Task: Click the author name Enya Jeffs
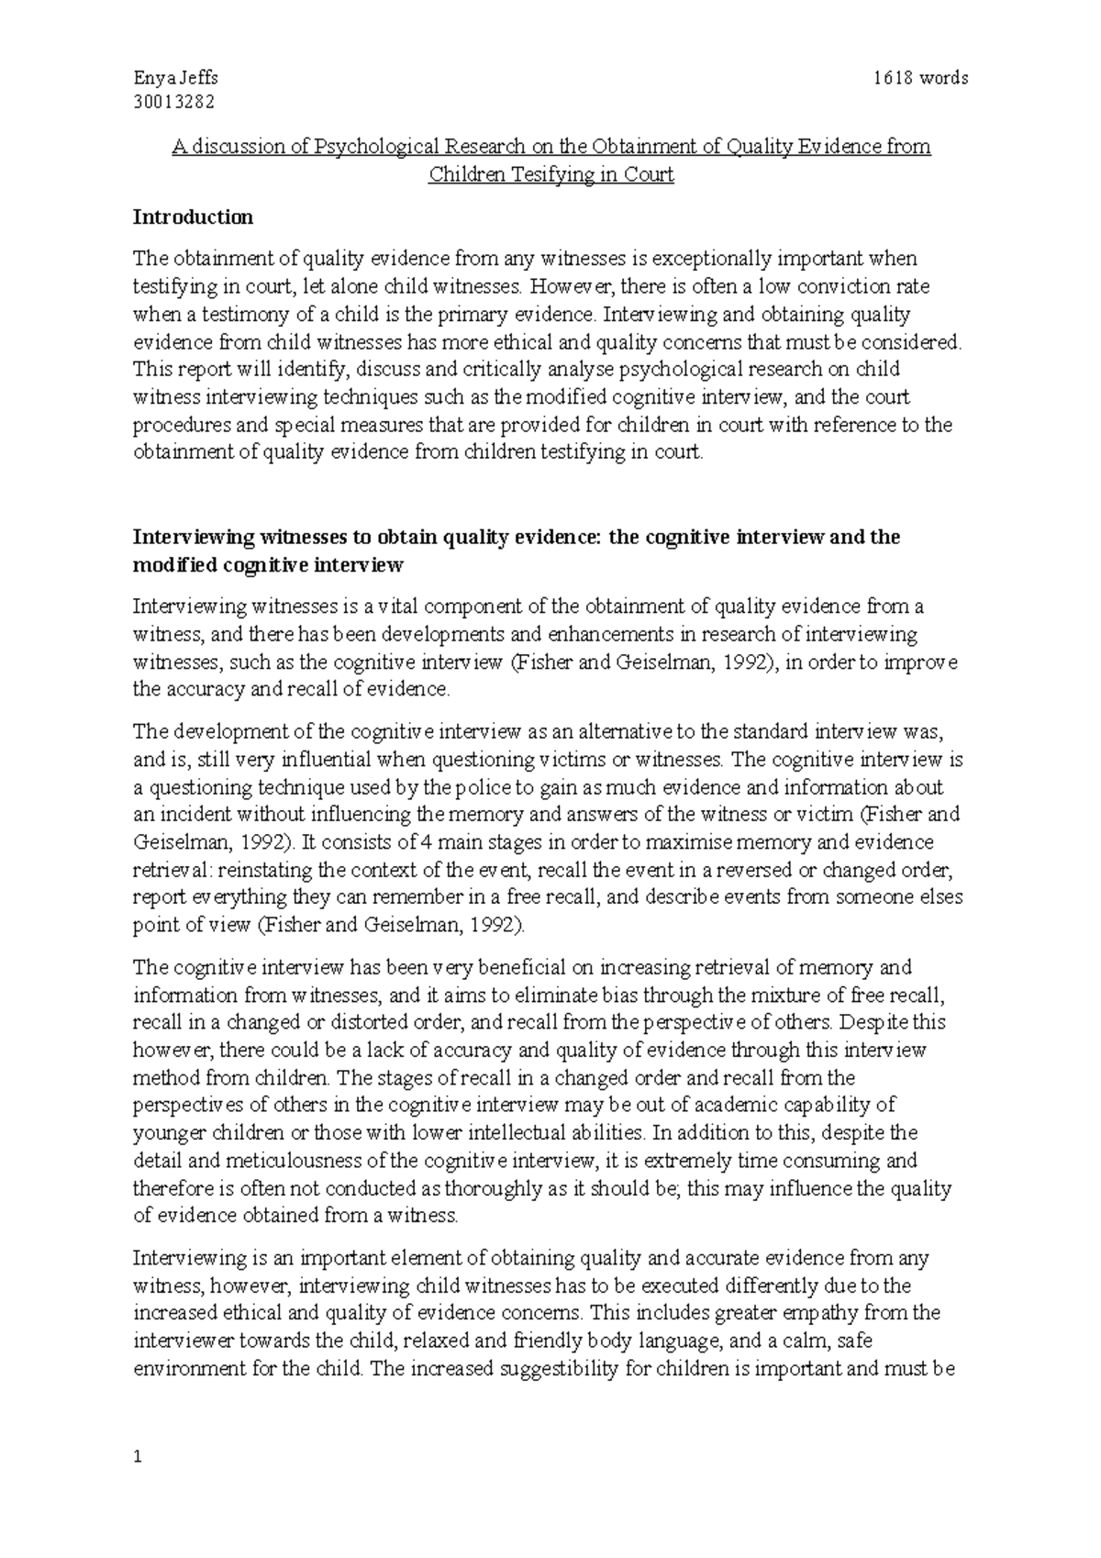point(175,78)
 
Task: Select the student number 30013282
point(173,102)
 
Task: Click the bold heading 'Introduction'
point(193,217)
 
